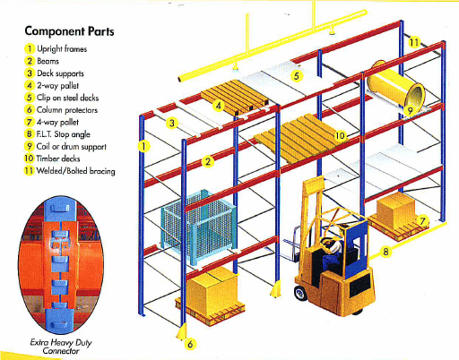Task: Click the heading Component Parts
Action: click(x=69, y=31)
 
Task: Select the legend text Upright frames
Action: click(x=62, y=49)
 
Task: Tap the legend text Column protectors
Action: click(x=67, y=110)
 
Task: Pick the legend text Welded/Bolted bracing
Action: click(x=75, y=171)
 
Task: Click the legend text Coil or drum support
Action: click(x=72, y=147)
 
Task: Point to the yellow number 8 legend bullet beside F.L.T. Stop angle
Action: click(x=30, y=134)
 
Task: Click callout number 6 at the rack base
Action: click(x=190, y=344)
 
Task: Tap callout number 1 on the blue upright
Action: click(x=143, y=146)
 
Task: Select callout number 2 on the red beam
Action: click(x=208, y=161)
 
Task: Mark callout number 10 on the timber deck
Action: click(x=340, y=136)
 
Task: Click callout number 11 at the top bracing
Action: click(x=414, y=42)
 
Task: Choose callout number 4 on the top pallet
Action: click(x=219, y=106)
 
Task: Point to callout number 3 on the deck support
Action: click(x=172, y=123)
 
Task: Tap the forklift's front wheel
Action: click(x=300, y=293)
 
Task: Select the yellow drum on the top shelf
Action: click(x=395, y=87)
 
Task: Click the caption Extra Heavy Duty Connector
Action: click(x=61, y=347)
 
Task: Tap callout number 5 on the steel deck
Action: click(x=296, y=76)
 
